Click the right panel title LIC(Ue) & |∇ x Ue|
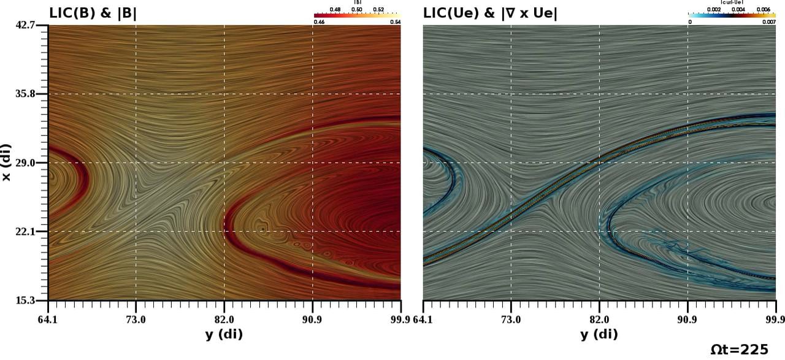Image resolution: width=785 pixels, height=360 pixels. [x=491, y=12]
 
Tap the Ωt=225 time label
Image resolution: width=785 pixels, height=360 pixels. [x=739, y=350]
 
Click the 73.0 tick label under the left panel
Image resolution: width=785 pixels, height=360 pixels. [x=136, y=320]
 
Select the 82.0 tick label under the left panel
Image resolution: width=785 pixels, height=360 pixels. [x=224, y=320]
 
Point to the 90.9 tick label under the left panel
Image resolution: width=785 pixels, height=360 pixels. [x=313, y=320]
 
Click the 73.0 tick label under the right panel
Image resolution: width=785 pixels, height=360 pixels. [x=511, y=320]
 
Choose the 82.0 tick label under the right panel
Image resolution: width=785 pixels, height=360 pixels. [x=599, y=320]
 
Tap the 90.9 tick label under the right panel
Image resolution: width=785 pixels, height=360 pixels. [x=687, y=320]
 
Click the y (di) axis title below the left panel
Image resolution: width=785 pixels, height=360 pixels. [x=224, y=334]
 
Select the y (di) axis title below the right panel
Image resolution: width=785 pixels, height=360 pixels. [x=599, y=334]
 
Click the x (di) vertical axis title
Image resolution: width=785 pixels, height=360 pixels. [x=8, y=163]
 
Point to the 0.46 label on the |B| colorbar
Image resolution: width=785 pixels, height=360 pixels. [x=319, y=22]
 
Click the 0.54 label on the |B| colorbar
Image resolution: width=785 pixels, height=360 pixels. [x=395, y=22]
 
